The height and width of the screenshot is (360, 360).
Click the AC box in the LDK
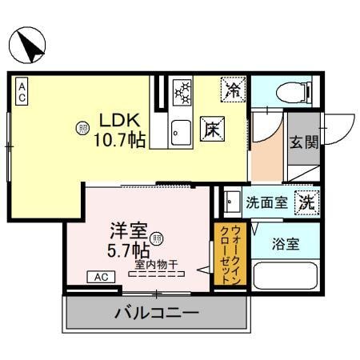(x=22, y=90)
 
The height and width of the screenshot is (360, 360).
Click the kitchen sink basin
(x=180, y=130)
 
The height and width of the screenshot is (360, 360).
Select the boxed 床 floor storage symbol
(x=211, y=127)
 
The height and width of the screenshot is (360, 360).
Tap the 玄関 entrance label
(x=303, y=143)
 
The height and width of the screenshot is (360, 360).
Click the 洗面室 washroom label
(x=266, y=202)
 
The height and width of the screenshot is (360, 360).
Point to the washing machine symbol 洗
(x=306, y=202)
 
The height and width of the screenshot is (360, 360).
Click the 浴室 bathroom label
(x=286, y=243)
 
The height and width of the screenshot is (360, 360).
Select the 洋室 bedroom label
(x=128, y=233)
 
